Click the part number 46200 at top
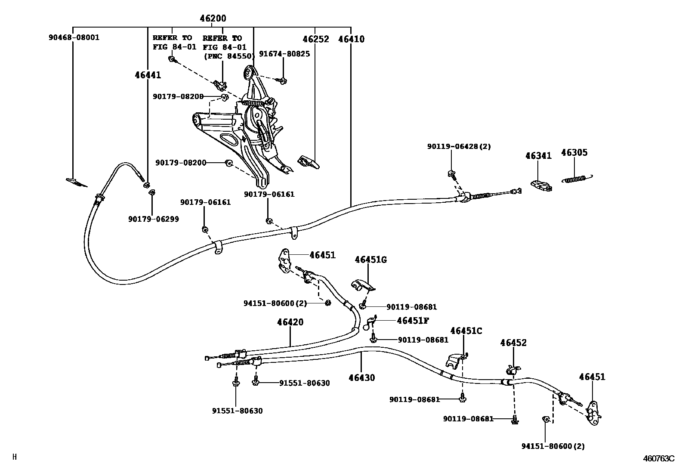[213, 19]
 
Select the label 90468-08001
[74, 37]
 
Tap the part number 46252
[315, 39]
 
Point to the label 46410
[351, 39]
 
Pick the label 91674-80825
[284, 54]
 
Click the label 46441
[148, 75]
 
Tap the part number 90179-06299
[153, 219]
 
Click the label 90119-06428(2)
[459, 146]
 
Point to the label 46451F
[413, 320]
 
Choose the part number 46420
[290, 322]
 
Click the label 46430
[361, 378]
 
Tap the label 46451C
[466, 331]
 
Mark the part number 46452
[513, 343]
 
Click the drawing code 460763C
[659, 459]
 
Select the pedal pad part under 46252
[309, 162]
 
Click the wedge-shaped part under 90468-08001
[76, 182]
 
